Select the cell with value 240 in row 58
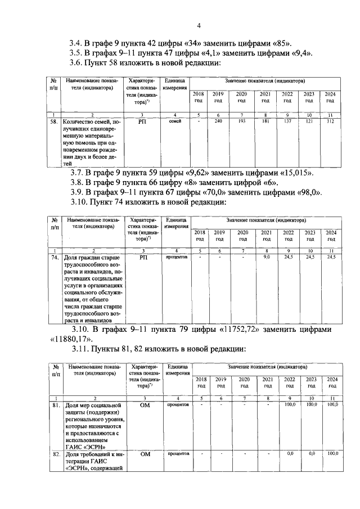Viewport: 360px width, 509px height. coord(218,121)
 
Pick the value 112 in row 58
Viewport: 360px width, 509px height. coord(330,121)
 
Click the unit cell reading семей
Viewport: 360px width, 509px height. coord(174,121)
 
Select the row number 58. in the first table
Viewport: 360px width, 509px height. coord(55,121)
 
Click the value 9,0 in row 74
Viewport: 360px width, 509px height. coord(267,257)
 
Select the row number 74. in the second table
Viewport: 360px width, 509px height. coord(55,258)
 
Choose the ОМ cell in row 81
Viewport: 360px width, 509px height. coord(145,405)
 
